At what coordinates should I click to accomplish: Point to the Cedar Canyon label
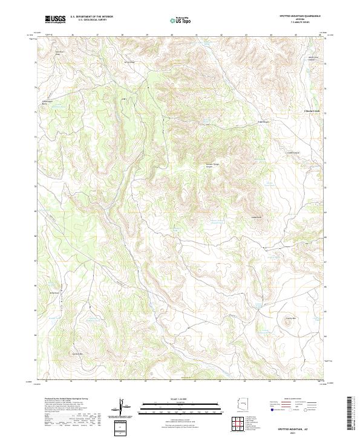point(293,152)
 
